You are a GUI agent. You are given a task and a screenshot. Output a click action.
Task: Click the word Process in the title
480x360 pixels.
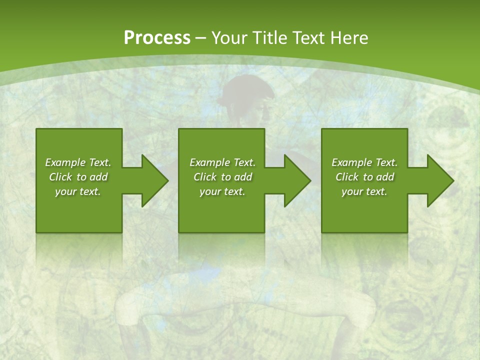click(x=157, y=38)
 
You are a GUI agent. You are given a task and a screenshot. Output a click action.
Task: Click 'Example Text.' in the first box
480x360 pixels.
click(x=78, y=162)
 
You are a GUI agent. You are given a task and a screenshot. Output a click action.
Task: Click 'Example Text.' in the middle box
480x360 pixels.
click(x=222, y=162)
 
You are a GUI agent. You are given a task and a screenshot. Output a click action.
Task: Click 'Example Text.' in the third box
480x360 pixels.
click(x=364, y=162)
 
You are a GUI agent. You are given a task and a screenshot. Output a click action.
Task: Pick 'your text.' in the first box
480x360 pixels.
click(x=78, y=191)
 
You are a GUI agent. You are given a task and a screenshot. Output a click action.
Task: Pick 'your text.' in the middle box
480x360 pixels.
click(x=222, y=191)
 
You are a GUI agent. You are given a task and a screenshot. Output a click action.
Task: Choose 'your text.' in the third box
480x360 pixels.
click(x=364, y=191)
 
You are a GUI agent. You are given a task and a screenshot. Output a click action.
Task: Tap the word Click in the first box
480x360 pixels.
click(x=60, y=177)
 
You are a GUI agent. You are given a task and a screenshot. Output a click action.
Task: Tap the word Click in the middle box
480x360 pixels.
click(x=205, y=177)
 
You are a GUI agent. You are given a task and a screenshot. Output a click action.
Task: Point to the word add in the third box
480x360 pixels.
click(x=385, y=177)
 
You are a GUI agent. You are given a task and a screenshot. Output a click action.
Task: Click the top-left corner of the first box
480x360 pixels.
click(x=36, y=129)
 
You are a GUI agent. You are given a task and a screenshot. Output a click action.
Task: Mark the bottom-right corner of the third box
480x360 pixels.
click(x=407, y=232)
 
